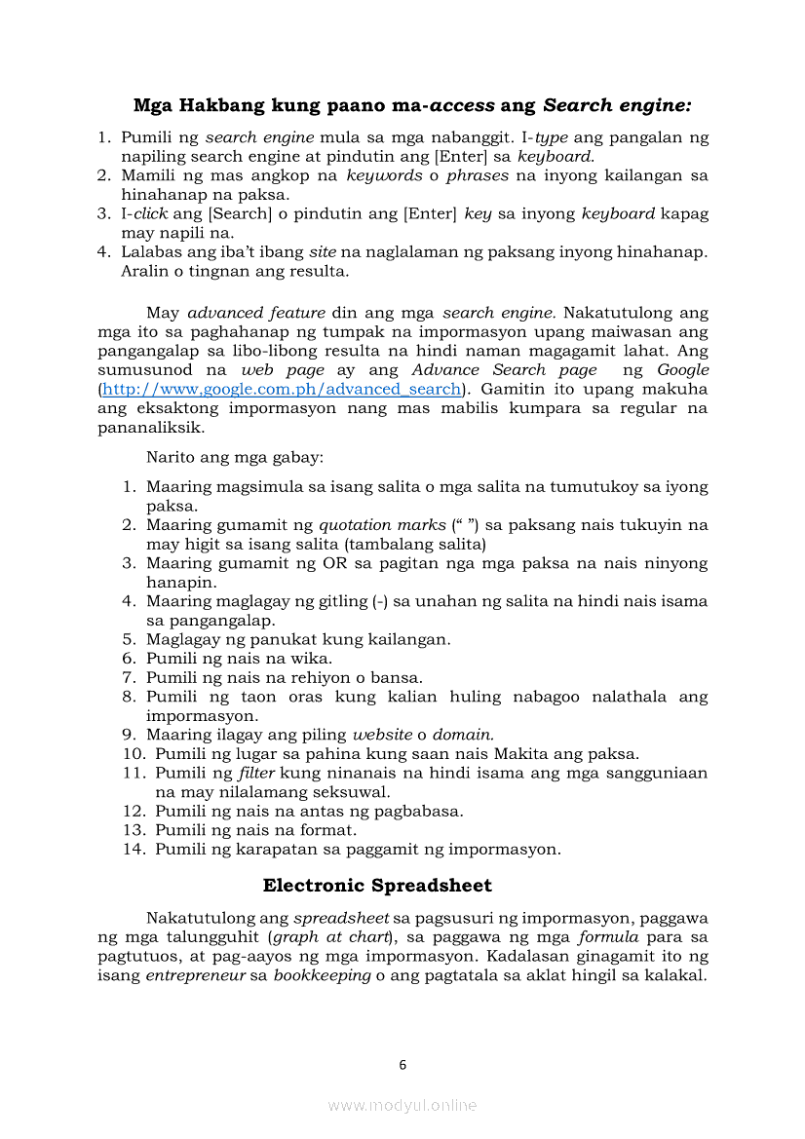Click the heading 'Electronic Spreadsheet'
pyautogui.click(x=377, y=886)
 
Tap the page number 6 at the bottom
pyautogui.click(x=402, y=1065)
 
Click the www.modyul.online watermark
pyautogui.click(x=402, y=1105)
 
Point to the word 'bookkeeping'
pyautogui.click(x=323, y=975)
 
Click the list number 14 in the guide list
pyautogui.click(x=134, y=849)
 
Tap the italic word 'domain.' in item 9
pyautogui.click(x=463, y=735)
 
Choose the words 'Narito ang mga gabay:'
pyautogui.click(x=235, y=456)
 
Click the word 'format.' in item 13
pyautogui.click(x=330, y=830)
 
